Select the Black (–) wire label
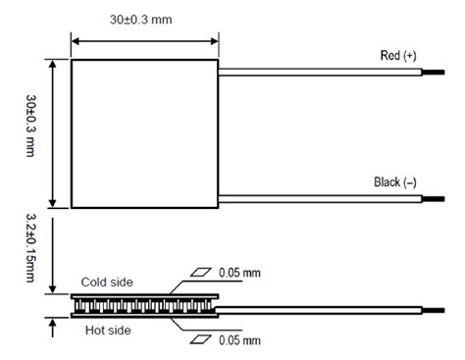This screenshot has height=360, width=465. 394,182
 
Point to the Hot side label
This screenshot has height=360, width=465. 107,331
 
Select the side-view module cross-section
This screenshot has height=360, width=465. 143,304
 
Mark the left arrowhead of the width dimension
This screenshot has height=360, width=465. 77,41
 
